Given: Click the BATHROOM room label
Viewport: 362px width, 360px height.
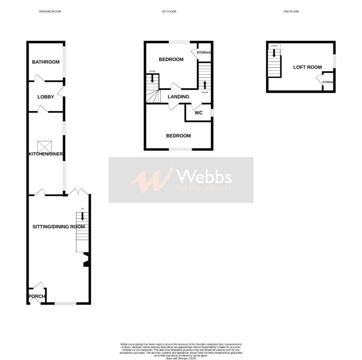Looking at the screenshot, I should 46,62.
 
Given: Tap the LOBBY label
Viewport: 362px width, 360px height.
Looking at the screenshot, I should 46,97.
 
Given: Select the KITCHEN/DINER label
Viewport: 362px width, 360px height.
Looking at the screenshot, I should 46,154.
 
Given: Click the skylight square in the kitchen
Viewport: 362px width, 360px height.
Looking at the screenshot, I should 45,145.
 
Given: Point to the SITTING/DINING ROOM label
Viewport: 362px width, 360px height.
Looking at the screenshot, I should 59,226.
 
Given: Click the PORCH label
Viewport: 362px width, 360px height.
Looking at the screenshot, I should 36,296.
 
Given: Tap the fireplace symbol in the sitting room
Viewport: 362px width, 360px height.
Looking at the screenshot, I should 85,260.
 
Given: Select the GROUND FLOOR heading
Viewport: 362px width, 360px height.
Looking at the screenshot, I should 50,12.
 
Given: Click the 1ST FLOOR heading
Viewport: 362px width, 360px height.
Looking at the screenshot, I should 169,12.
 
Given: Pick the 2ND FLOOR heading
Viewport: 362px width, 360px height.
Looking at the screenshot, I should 291,12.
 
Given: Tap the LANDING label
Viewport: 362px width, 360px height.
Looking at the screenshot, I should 178,97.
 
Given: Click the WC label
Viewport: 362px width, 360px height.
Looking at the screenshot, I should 199,113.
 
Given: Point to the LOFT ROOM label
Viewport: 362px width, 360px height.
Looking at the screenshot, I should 308,67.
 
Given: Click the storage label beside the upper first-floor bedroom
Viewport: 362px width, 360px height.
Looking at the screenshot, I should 204,53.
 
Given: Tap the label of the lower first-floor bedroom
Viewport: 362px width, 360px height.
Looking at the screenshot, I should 179,136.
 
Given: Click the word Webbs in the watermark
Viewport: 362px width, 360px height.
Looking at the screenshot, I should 204,177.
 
